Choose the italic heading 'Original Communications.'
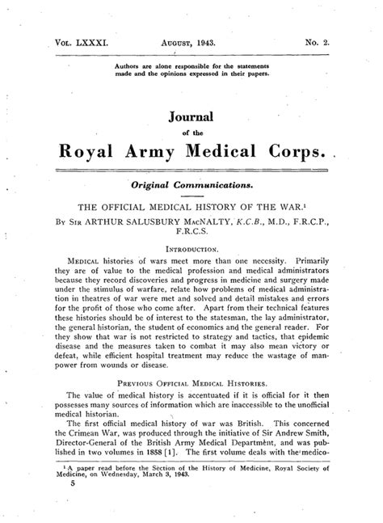pos(191,183)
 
